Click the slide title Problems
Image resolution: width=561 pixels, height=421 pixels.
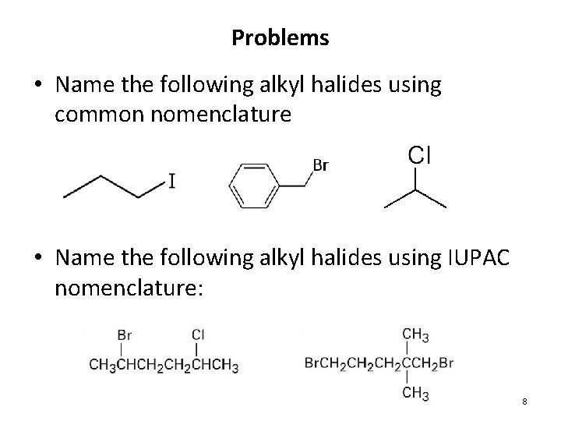click(280, 37)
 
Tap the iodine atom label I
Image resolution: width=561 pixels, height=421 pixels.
click(171, 182)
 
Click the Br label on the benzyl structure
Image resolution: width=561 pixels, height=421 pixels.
click(320, 165)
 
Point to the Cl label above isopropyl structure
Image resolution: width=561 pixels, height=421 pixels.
click(419, 155)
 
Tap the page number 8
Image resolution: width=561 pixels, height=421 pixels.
click(524, 401)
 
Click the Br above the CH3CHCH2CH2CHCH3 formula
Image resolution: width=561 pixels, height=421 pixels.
click(124, 334)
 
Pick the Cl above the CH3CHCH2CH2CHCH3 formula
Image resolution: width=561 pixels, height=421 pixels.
click(198, 334)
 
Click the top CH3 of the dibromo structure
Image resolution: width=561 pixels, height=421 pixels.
click(415, 334)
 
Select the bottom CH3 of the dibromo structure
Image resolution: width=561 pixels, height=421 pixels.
click(415, 393)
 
